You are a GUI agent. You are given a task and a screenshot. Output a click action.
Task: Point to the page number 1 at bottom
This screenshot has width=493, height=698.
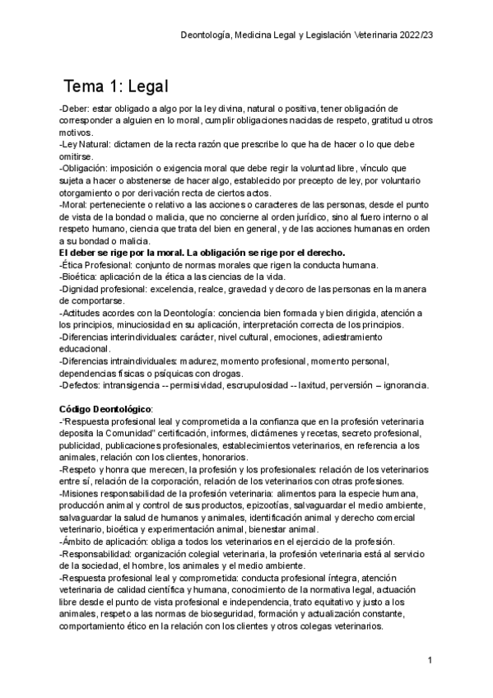click(x=430, y=661)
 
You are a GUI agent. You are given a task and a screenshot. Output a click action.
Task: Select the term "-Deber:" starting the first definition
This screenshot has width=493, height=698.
click(x=75, y=108)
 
